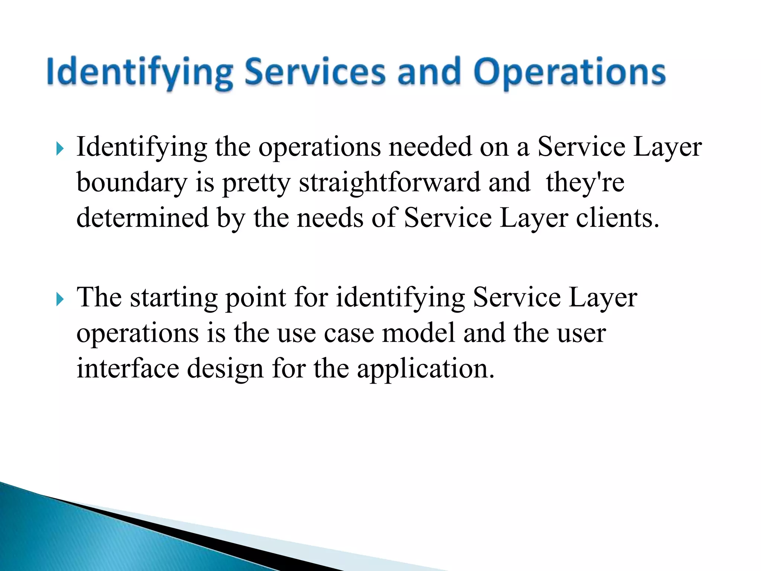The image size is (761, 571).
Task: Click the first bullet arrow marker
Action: (x=60, y=149)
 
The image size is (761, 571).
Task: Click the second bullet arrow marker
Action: (x=60, y=299)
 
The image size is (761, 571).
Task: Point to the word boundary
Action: (x=132, y=183)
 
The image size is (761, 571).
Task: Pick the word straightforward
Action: (x=389, y=183)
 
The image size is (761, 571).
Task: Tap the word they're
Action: (x=585, y=183)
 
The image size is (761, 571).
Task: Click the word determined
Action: (x=142, y=218)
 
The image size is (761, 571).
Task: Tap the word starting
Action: (x=174, y=298)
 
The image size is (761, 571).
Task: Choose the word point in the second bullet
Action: (x=256, y=298)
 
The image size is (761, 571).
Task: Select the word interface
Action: (x=127, y=368)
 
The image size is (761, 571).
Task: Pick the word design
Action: (x=225, y=368)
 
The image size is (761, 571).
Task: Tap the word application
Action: (x=425, y=368)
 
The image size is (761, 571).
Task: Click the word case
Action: (x=349, y=333)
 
